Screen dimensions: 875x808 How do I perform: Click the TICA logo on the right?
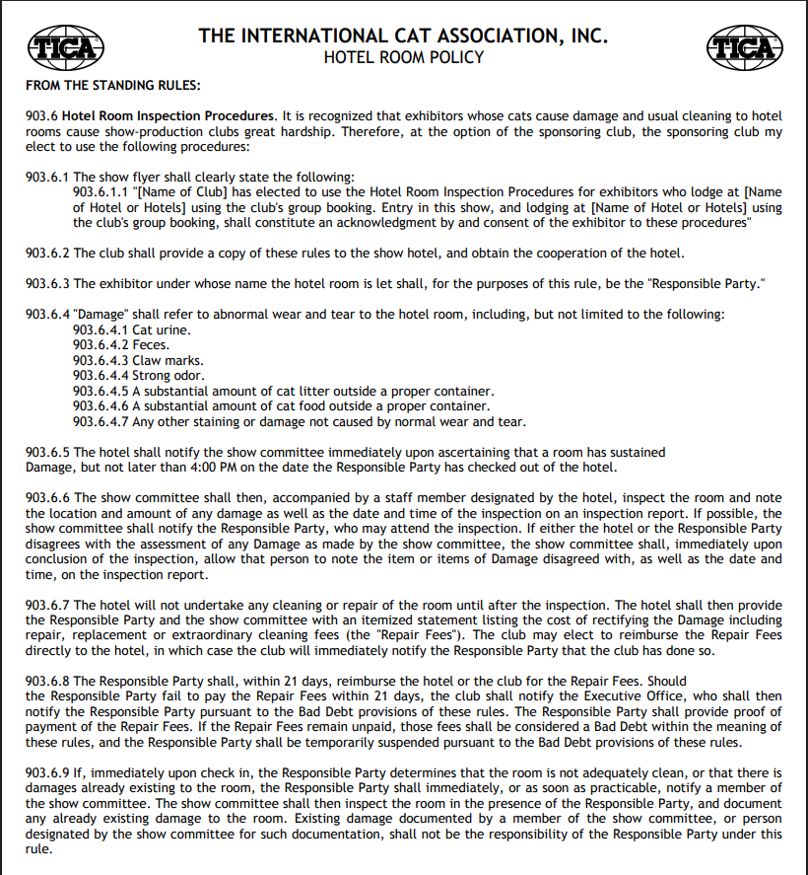(x=744, y=46)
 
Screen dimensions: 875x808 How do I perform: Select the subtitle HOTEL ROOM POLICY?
(x=404, y=57)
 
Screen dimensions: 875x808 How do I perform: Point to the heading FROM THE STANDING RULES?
(x=113, y=86)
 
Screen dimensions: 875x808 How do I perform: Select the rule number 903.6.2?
(x=47, y=254)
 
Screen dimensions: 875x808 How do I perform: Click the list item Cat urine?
(x=162, y=329)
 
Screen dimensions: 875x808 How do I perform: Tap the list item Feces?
(x=151, y=345)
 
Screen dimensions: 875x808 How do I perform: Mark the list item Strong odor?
(x=168, y=376)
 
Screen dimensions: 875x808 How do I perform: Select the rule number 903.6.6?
(x=47, y=498)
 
